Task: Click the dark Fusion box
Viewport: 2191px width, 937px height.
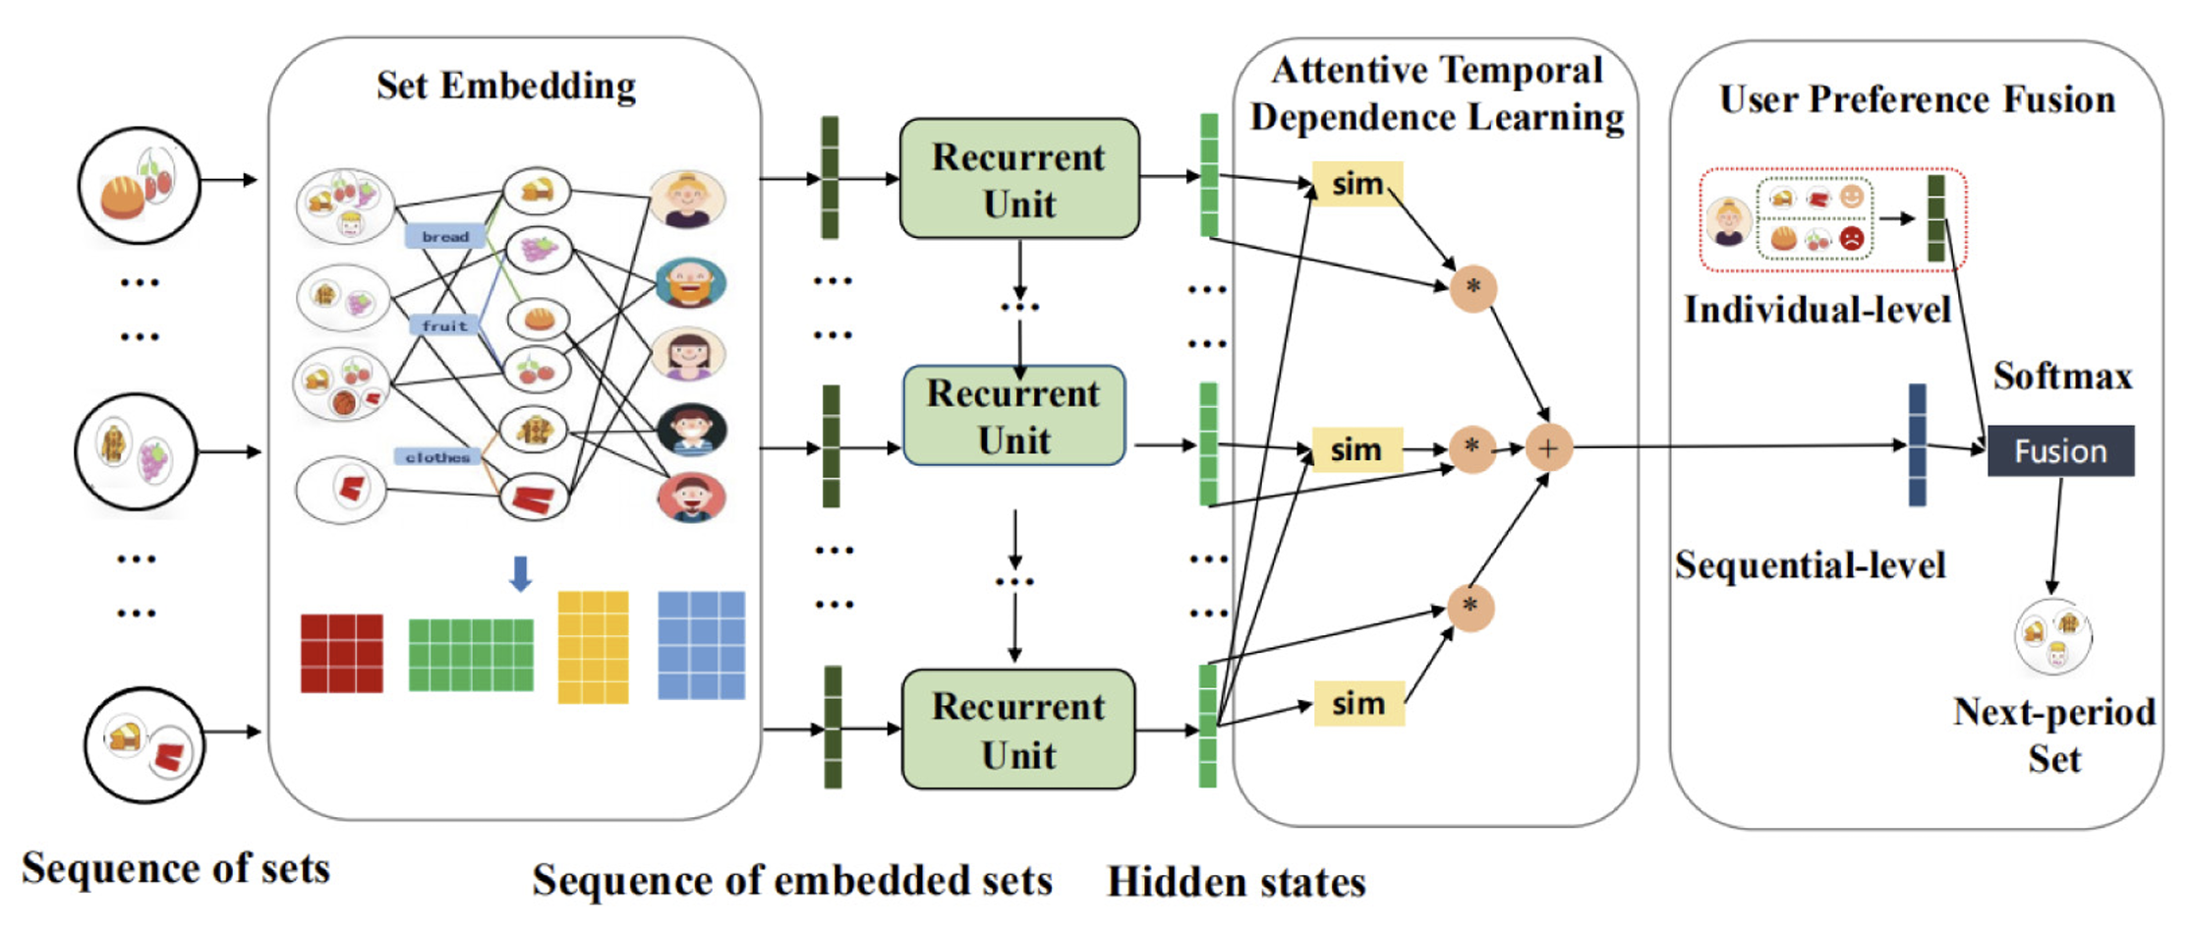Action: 2060,450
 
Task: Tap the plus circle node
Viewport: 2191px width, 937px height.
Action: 1548,448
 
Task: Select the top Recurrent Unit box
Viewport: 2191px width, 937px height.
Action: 1019,179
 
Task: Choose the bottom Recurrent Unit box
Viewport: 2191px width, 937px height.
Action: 1018,730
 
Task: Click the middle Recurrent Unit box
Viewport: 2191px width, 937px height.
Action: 1013,416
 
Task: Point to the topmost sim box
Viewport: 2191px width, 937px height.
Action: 1357,184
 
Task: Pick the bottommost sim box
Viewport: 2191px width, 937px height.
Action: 1358,704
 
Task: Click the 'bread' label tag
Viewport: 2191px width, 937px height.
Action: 445,237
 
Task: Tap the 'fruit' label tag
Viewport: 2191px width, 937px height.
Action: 444,325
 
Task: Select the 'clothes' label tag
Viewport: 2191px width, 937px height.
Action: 437,457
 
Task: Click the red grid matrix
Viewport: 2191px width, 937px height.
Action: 341,654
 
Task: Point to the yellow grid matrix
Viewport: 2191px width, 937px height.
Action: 593,647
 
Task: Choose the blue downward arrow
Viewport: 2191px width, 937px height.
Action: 521,573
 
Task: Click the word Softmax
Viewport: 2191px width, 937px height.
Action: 2062,376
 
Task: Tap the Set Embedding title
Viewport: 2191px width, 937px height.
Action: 506,87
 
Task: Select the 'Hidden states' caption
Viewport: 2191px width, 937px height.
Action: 1236,882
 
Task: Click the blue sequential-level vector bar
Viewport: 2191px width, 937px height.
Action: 1917,445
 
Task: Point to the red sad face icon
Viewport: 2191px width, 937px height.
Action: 1851,238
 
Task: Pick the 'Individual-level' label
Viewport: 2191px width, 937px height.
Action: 1816,310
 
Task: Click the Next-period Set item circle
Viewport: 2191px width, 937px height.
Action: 2052,637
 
